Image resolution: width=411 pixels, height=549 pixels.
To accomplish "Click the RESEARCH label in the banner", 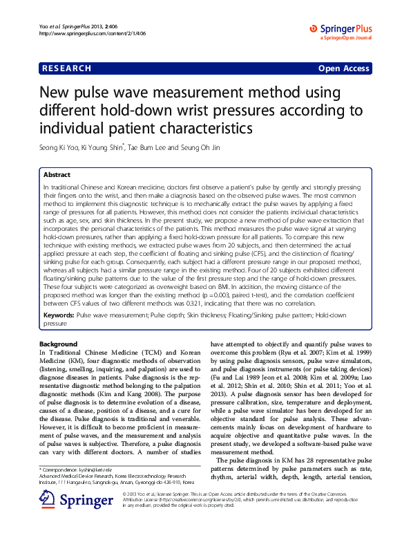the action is pyautogui.click(x=66, y=68).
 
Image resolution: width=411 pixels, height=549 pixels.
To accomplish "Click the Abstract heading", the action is pyautogui.click(x=57, y=176).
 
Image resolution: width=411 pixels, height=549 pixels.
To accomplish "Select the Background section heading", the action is pyautogui.click(x=59, y=344).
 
